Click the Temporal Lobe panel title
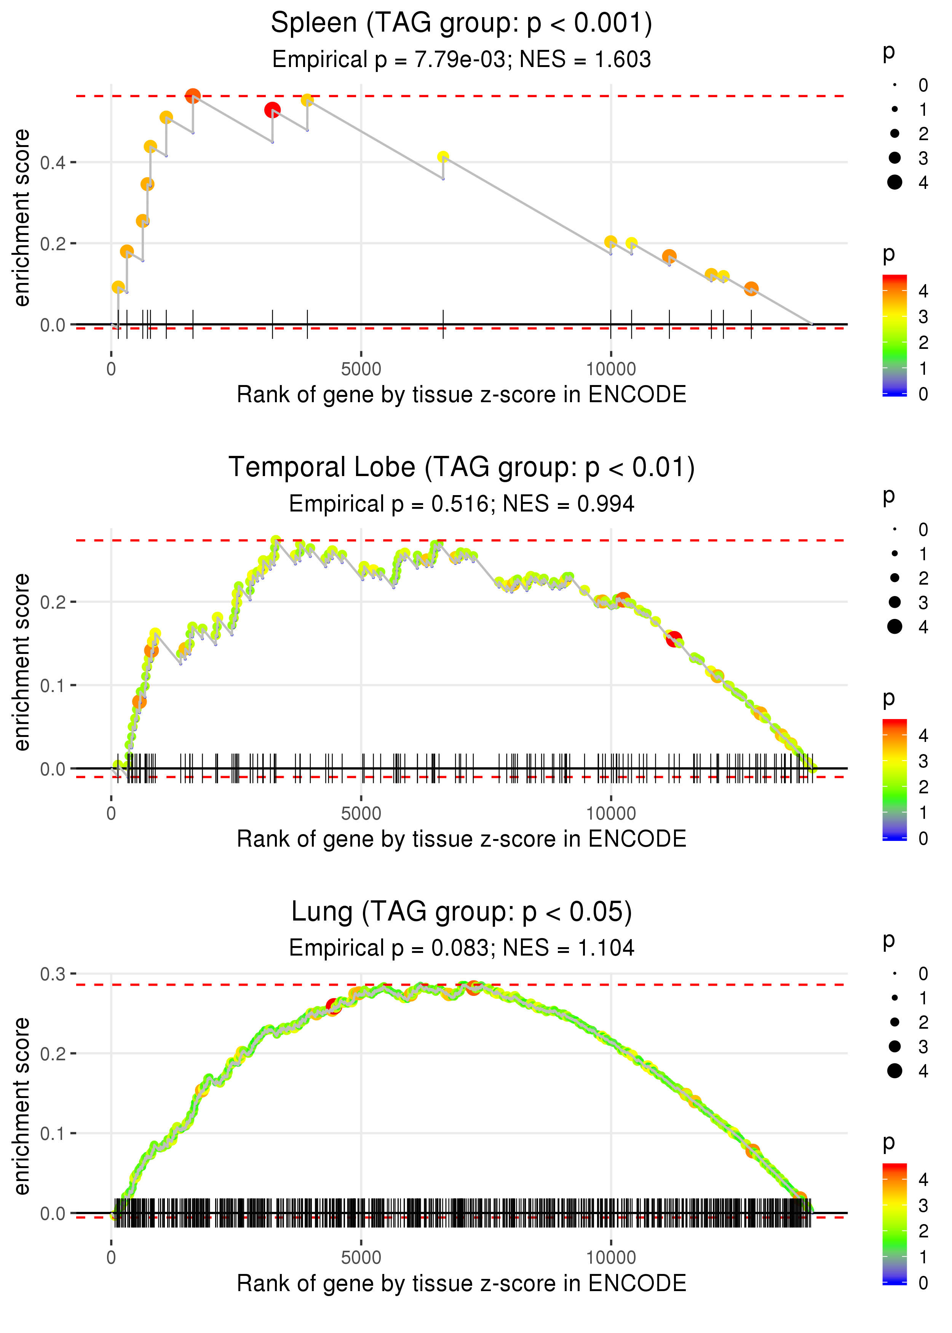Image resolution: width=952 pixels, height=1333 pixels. [462, 468]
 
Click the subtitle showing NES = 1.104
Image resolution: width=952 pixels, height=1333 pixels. [462, 948]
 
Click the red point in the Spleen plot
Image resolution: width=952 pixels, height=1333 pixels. [272, 110]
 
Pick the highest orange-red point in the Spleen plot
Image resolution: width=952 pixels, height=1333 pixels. [193, 96]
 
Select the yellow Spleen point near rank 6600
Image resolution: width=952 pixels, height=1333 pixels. [443, 157]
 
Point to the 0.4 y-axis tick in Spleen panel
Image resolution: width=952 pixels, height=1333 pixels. [53, 162]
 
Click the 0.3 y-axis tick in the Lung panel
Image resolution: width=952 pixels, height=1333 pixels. [53, 974]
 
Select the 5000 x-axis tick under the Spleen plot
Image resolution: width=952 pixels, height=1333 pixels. [361, 369]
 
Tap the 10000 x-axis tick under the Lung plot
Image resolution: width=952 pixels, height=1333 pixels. [611, 1258]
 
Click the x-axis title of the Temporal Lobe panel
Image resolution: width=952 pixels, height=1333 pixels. [462, 839]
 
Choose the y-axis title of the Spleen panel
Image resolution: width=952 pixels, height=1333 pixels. [22, 218]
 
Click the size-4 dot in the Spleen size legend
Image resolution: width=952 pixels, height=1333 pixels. [894, 182]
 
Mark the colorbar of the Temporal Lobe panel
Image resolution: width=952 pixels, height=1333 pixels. [894, 780]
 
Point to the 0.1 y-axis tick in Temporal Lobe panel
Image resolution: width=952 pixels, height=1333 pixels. [53, 685]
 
